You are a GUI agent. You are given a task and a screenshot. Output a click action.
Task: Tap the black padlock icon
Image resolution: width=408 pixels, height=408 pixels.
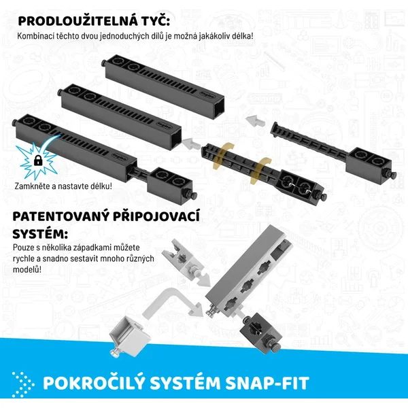point(38,160)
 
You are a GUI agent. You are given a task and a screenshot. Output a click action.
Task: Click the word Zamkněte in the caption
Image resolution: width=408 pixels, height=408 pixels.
point(29,186)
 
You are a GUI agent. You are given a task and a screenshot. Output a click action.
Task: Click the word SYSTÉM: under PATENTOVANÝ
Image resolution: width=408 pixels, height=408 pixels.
point(40,234)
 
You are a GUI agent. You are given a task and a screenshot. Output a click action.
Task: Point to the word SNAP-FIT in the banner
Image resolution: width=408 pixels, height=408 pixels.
point(267,383)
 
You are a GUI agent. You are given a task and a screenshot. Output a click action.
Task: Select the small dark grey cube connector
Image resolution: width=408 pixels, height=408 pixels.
point(261,330)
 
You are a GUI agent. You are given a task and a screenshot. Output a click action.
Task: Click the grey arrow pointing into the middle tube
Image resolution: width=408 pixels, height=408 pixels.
point(190,144)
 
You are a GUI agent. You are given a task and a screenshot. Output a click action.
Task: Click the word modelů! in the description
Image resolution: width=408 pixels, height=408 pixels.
point(27,269)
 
